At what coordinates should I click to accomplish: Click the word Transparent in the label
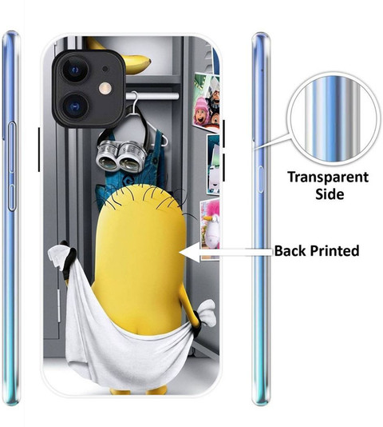328,178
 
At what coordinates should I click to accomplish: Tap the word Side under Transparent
330,194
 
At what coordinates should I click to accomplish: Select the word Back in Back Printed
290,250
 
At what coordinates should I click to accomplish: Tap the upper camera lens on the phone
75,70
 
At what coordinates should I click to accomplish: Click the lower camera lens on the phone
75,107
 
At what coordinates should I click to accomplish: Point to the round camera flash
105,89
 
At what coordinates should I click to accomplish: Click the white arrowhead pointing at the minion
190,253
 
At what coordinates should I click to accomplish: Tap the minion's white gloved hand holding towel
207,313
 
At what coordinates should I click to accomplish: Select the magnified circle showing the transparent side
332,120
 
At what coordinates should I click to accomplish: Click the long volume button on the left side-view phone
12,166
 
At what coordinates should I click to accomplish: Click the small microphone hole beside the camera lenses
105,69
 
